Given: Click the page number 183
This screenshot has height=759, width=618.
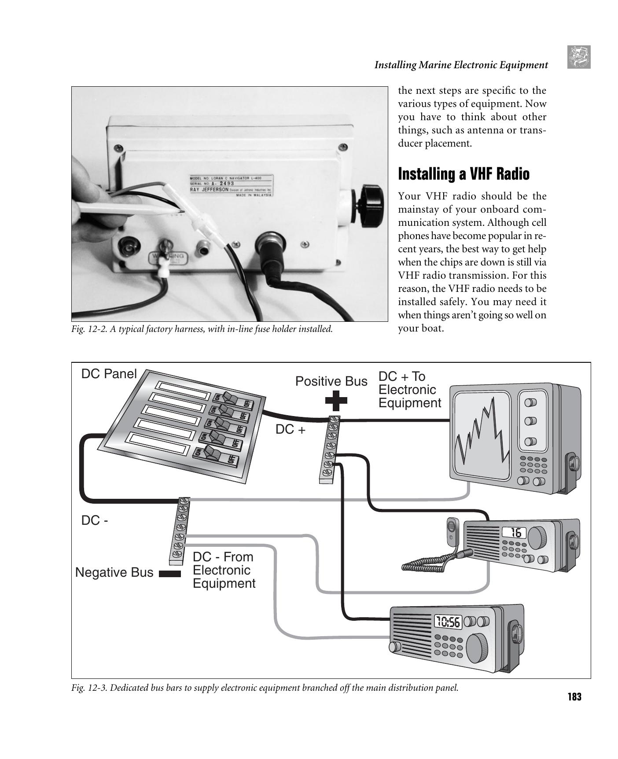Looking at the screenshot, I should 574,697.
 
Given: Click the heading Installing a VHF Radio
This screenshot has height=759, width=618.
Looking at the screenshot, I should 463,174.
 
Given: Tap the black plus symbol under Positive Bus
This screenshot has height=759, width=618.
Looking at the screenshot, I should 336,400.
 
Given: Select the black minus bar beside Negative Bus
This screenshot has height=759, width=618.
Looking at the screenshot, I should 169,574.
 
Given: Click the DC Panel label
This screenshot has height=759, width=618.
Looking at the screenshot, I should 109,374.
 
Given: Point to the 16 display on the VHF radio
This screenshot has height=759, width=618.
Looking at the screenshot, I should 515,533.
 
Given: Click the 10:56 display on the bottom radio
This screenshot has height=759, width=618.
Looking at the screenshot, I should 448,622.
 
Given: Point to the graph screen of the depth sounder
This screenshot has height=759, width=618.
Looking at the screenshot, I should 482,433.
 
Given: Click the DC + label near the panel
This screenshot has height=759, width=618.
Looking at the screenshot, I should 290,430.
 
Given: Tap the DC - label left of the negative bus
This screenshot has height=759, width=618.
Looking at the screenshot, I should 95,520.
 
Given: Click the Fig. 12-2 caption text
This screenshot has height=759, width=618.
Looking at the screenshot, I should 202,329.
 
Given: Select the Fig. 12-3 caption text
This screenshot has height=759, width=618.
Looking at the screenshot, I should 265,688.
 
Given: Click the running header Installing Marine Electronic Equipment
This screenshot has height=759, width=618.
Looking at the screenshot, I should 461,65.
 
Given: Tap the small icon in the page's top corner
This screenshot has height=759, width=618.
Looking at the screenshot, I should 578,57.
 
